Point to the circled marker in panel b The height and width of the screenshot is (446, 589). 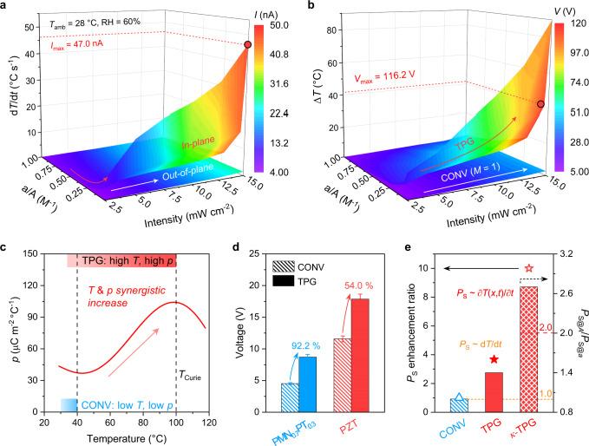[540, 104]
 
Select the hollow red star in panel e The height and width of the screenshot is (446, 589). [529, 269]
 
